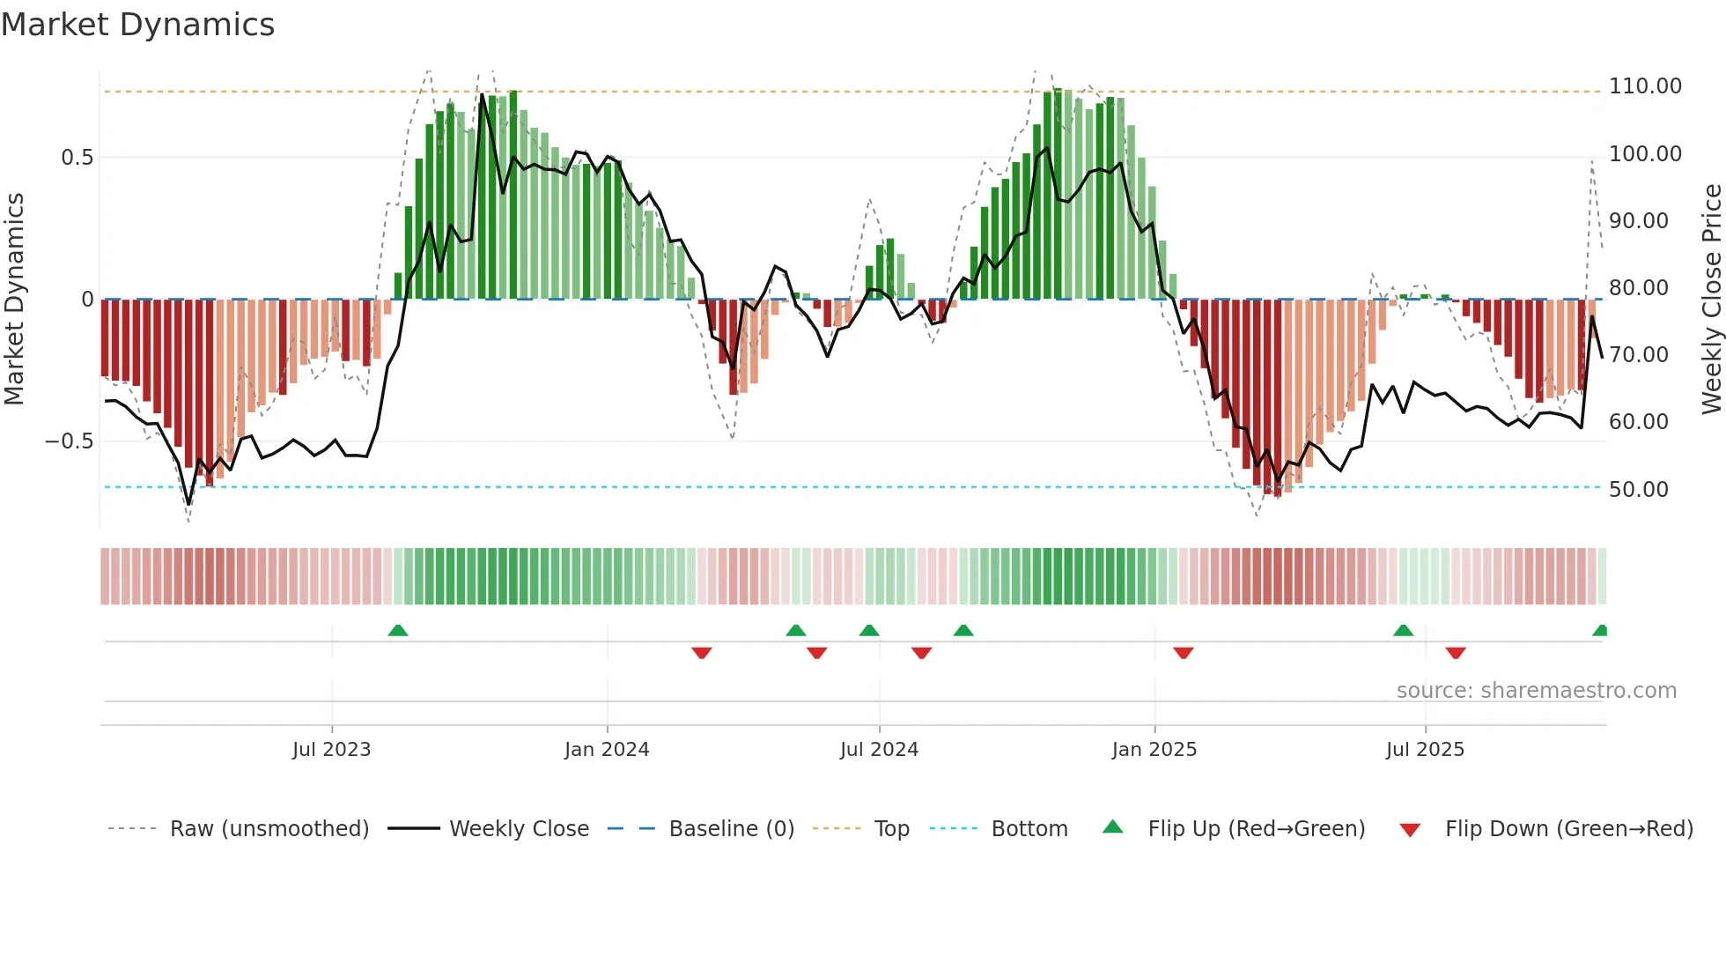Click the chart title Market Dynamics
tap(137, 25)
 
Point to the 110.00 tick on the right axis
tap(1644, 86)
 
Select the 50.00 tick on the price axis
tap(1638, 489)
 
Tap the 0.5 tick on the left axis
tap(77, 158)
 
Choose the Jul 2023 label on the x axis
tap(331, 750)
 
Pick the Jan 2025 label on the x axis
tap(1154, 750)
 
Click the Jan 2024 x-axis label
tap(606, 750)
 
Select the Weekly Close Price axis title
tap(1711, 299)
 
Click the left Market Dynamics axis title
tap(14, 299)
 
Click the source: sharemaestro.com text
tap(1536, 691)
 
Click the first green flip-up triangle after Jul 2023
tap(398, 630)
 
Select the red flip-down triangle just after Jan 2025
tap(1183, 653)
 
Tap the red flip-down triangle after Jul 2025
tap(1455, 653)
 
